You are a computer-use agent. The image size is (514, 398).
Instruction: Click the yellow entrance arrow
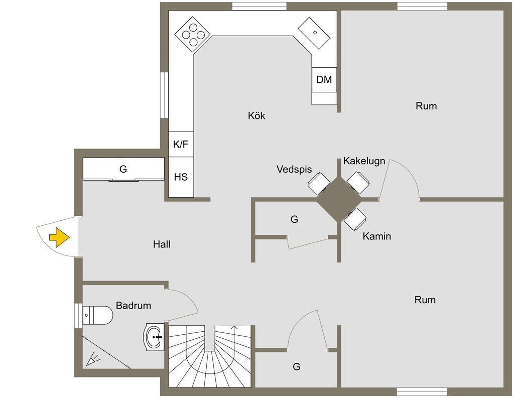[59, 237]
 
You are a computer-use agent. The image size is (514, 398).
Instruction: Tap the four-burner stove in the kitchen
[192, 35]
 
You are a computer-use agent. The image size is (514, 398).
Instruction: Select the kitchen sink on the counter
[314, 33]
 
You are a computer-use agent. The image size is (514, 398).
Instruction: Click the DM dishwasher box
[324, 80]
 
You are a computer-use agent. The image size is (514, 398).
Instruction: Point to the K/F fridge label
[181, 144]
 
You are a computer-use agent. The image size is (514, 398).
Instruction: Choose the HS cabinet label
[181, 177]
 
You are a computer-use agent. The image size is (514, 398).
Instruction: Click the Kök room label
[256, 115]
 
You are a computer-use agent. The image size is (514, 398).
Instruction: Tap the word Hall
[162, 244]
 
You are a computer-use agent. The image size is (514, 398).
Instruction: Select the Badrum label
[134, 306]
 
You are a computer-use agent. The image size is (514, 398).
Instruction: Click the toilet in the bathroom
[98, 315]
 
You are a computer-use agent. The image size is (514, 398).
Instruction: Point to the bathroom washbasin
[154, 337]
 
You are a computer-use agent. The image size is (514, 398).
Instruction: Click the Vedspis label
[294, 169]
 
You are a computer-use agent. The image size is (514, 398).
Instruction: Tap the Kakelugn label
[364, 161]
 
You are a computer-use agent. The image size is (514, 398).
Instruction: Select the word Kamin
[376, 236]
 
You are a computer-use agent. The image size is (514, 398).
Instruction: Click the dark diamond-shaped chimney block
[339, 199]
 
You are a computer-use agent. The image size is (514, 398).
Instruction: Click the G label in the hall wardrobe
[123, 169]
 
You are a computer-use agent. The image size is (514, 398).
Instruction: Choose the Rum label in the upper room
[426, 106]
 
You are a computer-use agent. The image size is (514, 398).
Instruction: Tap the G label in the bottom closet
[296, 366]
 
